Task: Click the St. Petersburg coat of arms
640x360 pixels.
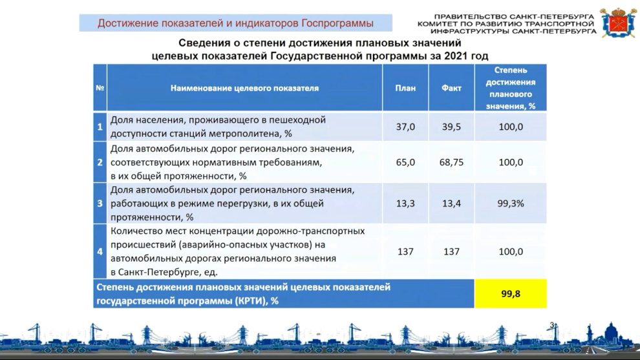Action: pyautogui.click(x=618, y=23)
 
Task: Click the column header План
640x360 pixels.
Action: pyautogui.click(x=405, y=88)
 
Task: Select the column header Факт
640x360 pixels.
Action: pyautogui.click(x=451, y=88)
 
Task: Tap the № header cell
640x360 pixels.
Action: pyautogui.click(x=100, y=88)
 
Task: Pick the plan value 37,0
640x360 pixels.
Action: pyautogui.click(x=405, y=127)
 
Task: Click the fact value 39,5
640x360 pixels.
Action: pyautogui.click(x=451, y=127)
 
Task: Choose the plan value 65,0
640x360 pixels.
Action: pyautogui.click(x=405, y=162)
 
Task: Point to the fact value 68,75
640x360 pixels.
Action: pyautogui.click(x=451, y=162)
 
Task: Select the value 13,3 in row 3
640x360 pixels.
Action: pyautogui.click(x=405, y=203)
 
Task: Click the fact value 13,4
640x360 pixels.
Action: pyautogui.click(x=451, y=203)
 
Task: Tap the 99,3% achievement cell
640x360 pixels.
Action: pyautogui.click(x=511, y=203)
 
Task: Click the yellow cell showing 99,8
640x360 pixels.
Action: pyautogui.click(x=511, y=293)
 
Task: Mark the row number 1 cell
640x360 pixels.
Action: pyautogui.click(x=100, y=127)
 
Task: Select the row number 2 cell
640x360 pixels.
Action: pyautogui.click(x=100, y=162)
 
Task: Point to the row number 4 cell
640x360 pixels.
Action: pyautogui.click(x=100, y=251)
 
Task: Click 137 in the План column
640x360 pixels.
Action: pyautogui.click(x=405, y=251)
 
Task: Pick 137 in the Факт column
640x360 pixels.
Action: pyautogui.click(x=451, y=251)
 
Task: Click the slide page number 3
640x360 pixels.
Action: pyautogui.click(x=552, y=325)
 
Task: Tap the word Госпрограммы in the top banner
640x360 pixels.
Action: pyautogui.click(x=337, y=23)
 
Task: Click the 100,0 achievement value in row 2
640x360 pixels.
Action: pyautogui.click(x=511, y=162)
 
